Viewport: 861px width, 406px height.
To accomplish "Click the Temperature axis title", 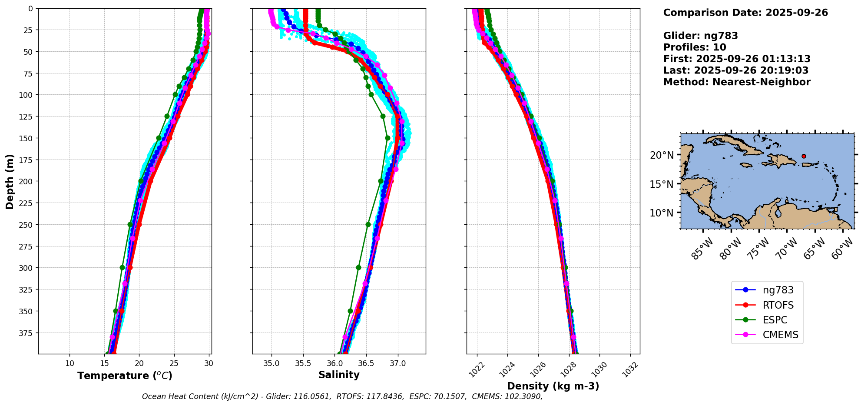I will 125,376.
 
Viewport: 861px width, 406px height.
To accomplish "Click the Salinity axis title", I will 339,375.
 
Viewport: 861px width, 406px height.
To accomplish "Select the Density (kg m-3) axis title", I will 553,386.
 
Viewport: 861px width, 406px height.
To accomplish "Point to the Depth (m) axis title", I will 10,181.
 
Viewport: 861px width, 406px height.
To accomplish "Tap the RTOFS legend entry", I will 778,305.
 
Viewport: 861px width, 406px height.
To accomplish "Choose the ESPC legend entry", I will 775,320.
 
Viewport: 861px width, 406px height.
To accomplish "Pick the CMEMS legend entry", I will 780,335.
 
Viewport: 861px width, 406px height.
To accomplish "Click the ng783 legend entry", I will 778,290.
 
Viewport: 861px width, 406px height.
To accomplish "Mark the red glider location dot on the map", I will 804,156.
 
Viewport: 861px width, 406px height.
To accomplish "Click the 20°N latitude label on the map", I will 662,155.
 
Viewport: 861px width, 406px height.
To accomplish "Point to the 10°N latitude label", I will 662,213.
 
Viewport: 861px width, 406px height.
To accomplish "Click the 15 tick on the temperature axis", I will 104,363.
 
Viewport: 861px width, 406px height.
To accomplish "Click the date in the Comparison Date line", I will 797,13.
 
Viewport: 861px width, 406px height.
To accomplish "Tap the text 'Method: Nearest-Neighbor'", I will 737,82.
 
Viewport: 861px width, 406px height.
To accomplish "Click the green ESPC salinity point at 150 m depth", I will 387,138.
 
